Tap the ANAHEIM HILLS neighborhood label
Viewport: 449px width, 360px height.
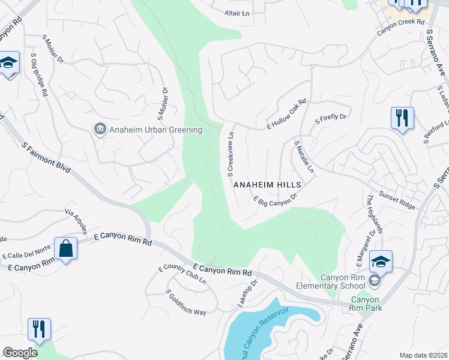(x=266, y=185)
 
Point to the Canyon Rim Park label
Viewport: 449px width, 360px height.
(x=366, y=304)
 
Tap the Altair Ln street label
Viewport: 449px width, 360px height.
(x=237, y=13)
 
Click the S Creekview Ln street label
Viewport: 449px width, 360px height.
(x=231, y=155)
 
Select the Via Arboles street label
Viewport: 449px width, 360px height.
(x=77, y=221)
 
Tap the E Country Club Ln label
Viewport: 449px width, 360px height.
(x=182, y=275)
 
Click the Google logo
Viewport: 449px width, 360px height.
(x=20, y=353)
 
